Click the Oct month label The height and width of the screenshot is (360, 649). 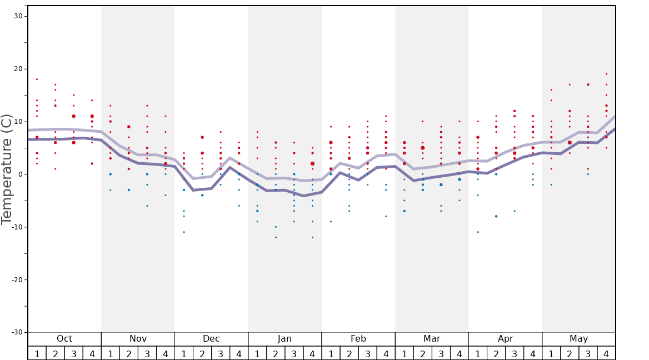pos(64,339)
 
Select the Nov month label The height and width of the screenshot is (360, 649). pos(138,339)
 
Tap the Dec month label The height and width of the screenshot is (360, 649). pos(211,339)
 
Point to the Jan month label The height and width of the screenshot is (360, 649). pos(284,339)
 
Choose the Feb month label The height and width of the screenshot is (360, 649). pos(358,339)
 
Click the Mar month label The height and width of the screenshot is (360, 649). pos(432,339)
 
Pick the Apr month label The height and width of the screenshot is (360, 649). pos(505,339)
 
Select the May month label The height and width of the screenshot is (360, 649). pos(578,339)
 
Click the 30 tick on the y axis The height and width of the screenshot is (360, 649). pos(18,16)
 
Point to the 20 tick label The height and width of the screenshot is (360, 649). pos(18,69)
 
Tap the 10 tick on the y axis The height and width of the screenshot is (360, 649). pos(18,122)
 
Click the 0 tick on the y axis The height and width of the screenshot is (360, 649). pos(20,174)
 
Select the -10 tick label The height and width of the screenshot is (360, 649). pos(17,227)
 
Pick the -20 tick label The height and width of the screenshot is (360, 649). pos(17,280)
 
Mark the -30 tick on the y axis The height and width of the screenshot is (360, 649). pos(17,333)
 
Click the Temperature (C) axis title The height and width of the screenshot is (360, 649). pos(7,169)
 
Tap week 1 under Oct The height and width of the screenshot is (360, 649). pos(37,353)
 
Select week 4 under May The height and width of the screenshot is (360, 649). pos(606,353)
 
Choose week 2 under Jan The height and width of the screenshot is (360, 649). pos(276,353)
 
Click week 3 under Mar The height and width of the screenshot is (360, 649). pos(441,353)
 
